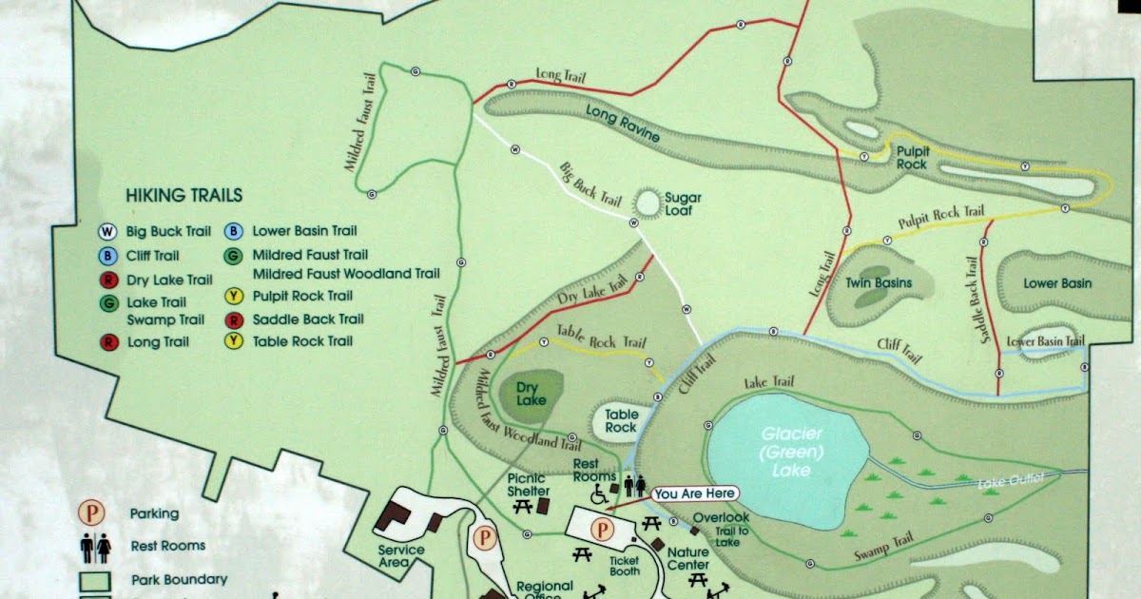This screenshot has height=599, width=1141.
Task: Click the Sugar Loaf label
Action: [683, 204]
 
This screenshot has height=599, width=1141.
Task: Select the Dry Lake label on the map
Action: [532, 394]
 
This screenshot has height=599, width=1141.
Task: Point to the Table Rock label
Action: [621, 421]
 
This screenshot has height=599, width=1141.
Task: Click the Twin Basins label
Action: [879, 282]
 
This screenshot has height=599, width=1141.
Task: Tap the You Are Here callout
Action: [694, 493]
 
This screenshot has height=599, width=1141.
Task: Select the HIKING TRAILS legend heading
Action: [184, 196]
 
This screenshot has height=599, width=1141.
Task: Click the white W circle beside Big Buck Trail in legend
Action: [108, 231]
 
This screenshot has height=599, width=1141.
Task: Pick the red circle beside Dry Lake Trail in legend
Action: [108, 280]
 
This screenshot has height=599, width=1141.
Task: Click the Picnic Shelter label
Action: [528, 484]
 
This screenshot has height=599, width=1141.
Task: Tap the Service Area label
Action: [400, 556]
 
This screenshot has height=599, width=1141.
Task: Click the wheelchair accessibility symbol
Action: [600, 494]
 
